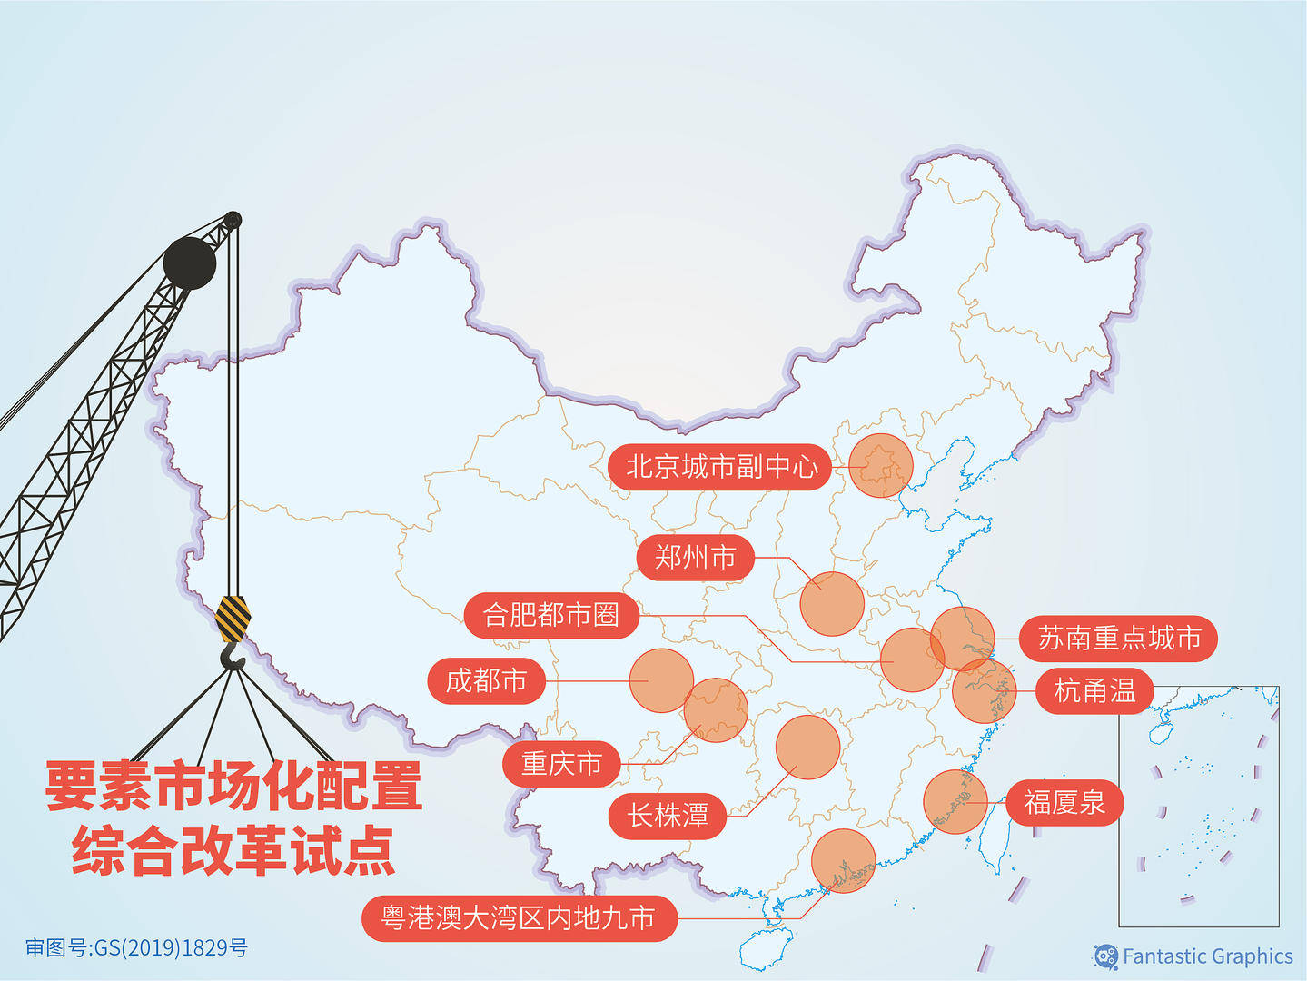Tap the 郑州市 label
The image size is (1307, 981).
pyautogui.click(x=695, y=557)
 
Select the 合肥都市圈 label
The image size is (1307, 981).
pyautogui.click(x=551, y=615)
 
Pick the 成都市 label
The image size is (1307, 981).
pyautogui.click(x=486, y=680)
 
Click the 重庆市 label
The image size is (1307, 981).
pyautogui.click(x=561, y=764)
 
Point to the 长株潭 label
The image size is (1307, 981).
pyautogui.click(x=668, y=815)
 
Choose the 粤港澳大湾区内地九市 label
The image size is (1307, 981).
pyautogui.click(x=519, y=917)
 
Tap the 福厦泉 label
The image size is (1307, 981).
pyautogui.click(x=1064, y=803)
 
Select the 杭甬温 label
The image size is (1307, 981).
pyautogui.click(x=1094, y=691)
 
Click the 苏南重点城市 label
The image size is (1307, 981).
pyautogui.click(x=1119, y=638)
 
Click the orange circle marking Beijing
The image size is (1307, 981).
pyautogui.click(x=881, y=465)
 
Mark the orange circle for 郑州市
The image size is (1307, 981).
pyautogui.click(x=831, y=603)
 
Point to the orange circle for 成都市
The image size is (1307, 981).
pyautogui.click(x=661, y=680)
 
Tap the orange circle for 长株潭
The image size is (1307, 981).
pyautogui.click(x=807, y=747)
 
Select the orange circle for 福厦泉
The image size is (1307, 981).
pyautogui.click(x=955, y=802)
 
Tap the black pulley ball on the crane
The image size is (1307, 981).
pyautogui.click(x=190, y=263)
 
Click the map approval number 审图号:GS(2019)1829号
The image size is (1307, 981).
pyautogui.click(x=136, y=948)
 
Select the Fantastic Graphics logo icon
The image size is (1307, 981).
pyautogui.click(x=1105, y=956)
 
